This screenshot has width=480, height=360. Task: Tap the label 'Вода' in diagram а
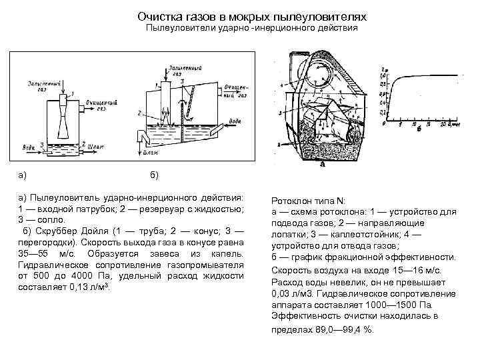click(x=28, y=145)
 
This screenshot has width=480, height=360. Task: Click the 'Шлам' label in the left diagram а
click(x=95, y=143)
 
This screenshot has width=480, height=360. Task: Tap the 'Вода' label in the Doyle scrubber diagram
click(x=253, y=121)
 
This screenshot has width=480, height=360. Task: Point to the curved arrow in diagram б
click(x=184, y=99)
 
